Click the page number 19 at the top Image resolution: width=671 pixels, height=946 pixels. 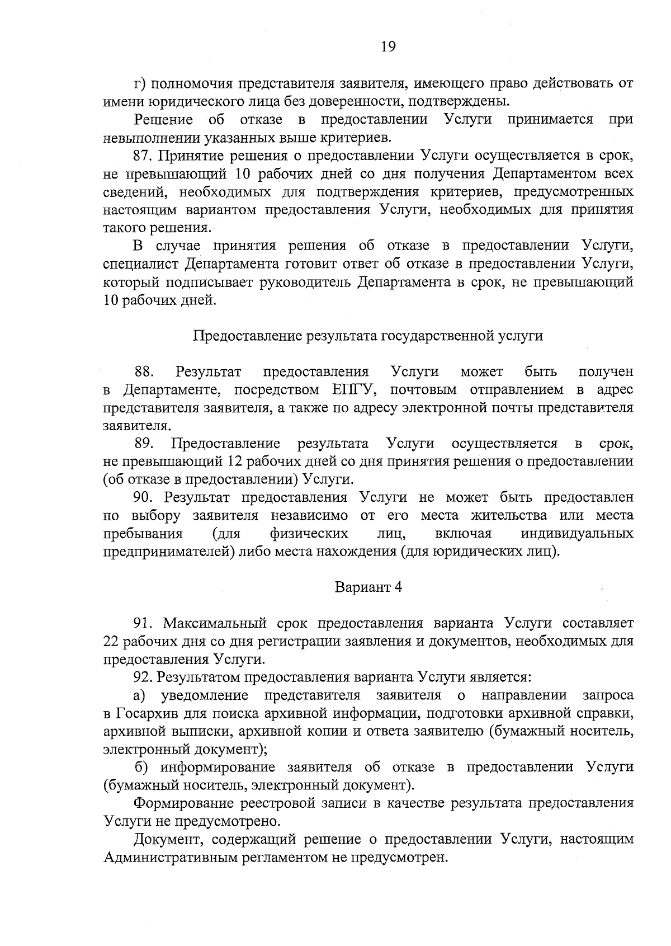coord(388,47)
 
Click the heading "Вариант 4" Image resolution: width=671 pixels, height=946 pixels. coord(368,587)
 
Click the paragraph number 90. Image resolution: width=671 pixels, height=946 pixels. coord(144,497)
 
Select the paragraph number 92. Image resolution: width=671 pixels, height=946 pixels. coord(143,677)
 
